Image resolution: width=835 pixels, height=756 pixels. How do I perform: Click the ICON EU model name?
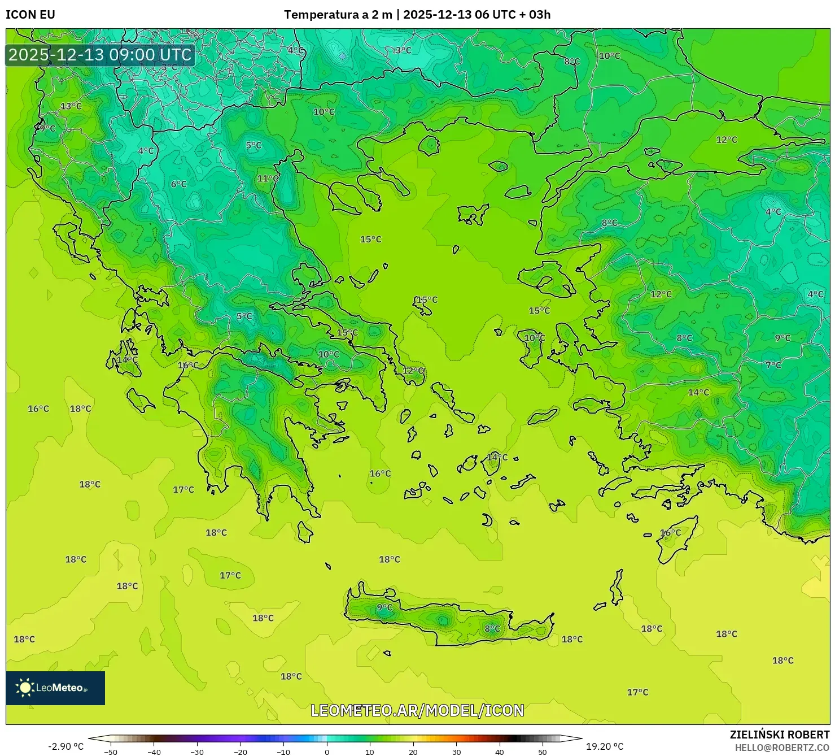click(30, 15)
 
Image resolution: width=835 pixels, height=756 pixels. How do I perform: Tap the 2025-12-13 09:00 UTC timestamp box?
click(100, 55)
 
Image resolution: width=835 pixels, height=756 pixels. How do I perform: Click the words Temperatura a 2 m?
click(338, 15)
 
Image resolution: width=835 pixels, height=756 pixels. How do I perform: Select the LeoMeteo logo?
click(55, 688)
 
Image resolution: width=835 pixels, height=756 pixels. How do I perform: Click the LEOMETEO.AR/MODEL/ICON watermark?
click(417, 710)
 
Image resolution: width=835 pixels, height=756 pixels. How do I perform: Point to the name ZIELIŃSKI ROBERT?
click(779, 735)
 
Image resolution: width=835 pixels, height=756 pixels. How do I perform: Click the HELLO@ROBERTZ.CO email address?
click(782, 748)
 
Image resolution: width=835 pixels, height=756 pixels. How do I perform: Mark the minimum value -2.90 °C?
click(65, 746)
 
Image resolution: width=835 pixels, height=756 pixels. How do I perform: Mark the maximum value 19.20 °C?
click(605, 746)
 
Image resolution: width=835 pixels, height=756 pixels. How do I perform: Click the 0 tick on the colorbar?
click(327, 752)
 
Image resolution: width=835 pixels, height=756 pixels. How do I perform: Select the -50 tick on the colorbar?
click(111, 752)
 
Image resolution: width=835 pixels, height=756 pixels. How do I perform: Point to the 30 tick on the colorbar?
click(456, 752)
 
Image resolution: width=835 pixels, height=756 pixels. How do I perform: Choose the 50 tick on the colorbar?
click(543, 752)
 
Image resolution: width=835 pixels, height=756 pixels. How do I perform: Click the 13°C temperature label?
click(71, 106)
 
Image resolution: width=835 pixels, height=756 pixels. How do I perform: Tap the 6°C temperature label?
click(178, 184)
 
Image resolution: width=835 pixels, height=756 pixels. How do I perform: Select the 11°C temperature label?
click(268, 179)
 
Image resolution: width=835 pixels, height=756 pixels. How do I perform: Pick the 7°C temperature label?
click(773, 365)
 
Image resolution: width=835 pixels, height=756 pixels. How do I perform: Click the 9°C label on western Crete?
click(384, 607)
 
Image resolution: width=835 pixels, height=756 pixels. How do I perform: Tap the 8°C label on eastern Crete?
click(492, 628)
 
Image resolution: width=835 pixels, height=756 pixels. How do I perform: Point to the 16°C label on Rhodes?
click(670, 532)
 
